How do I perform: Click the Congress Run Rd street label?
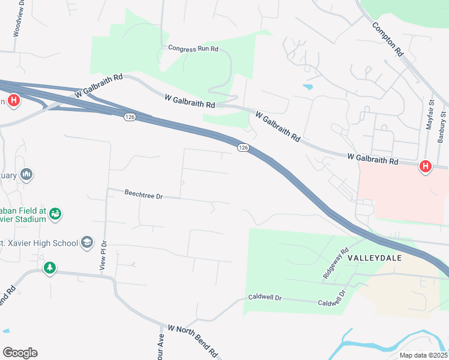tap(193, 48)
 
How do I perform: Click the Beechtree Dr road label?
tap(143, 194)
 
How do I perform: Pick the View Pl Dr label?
tap(104, 254)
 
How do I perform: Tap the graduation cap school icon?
tap(87, 242)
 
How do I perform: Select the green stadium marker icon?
tap(56, 214)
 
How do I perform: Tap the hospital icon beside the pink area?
tap(426, 166)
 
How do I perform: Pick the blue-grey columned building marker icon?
tap(26, 175)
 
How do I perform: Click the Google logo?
tap(20, 353)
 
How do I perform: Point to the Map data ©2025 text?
tap(423, 355)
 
